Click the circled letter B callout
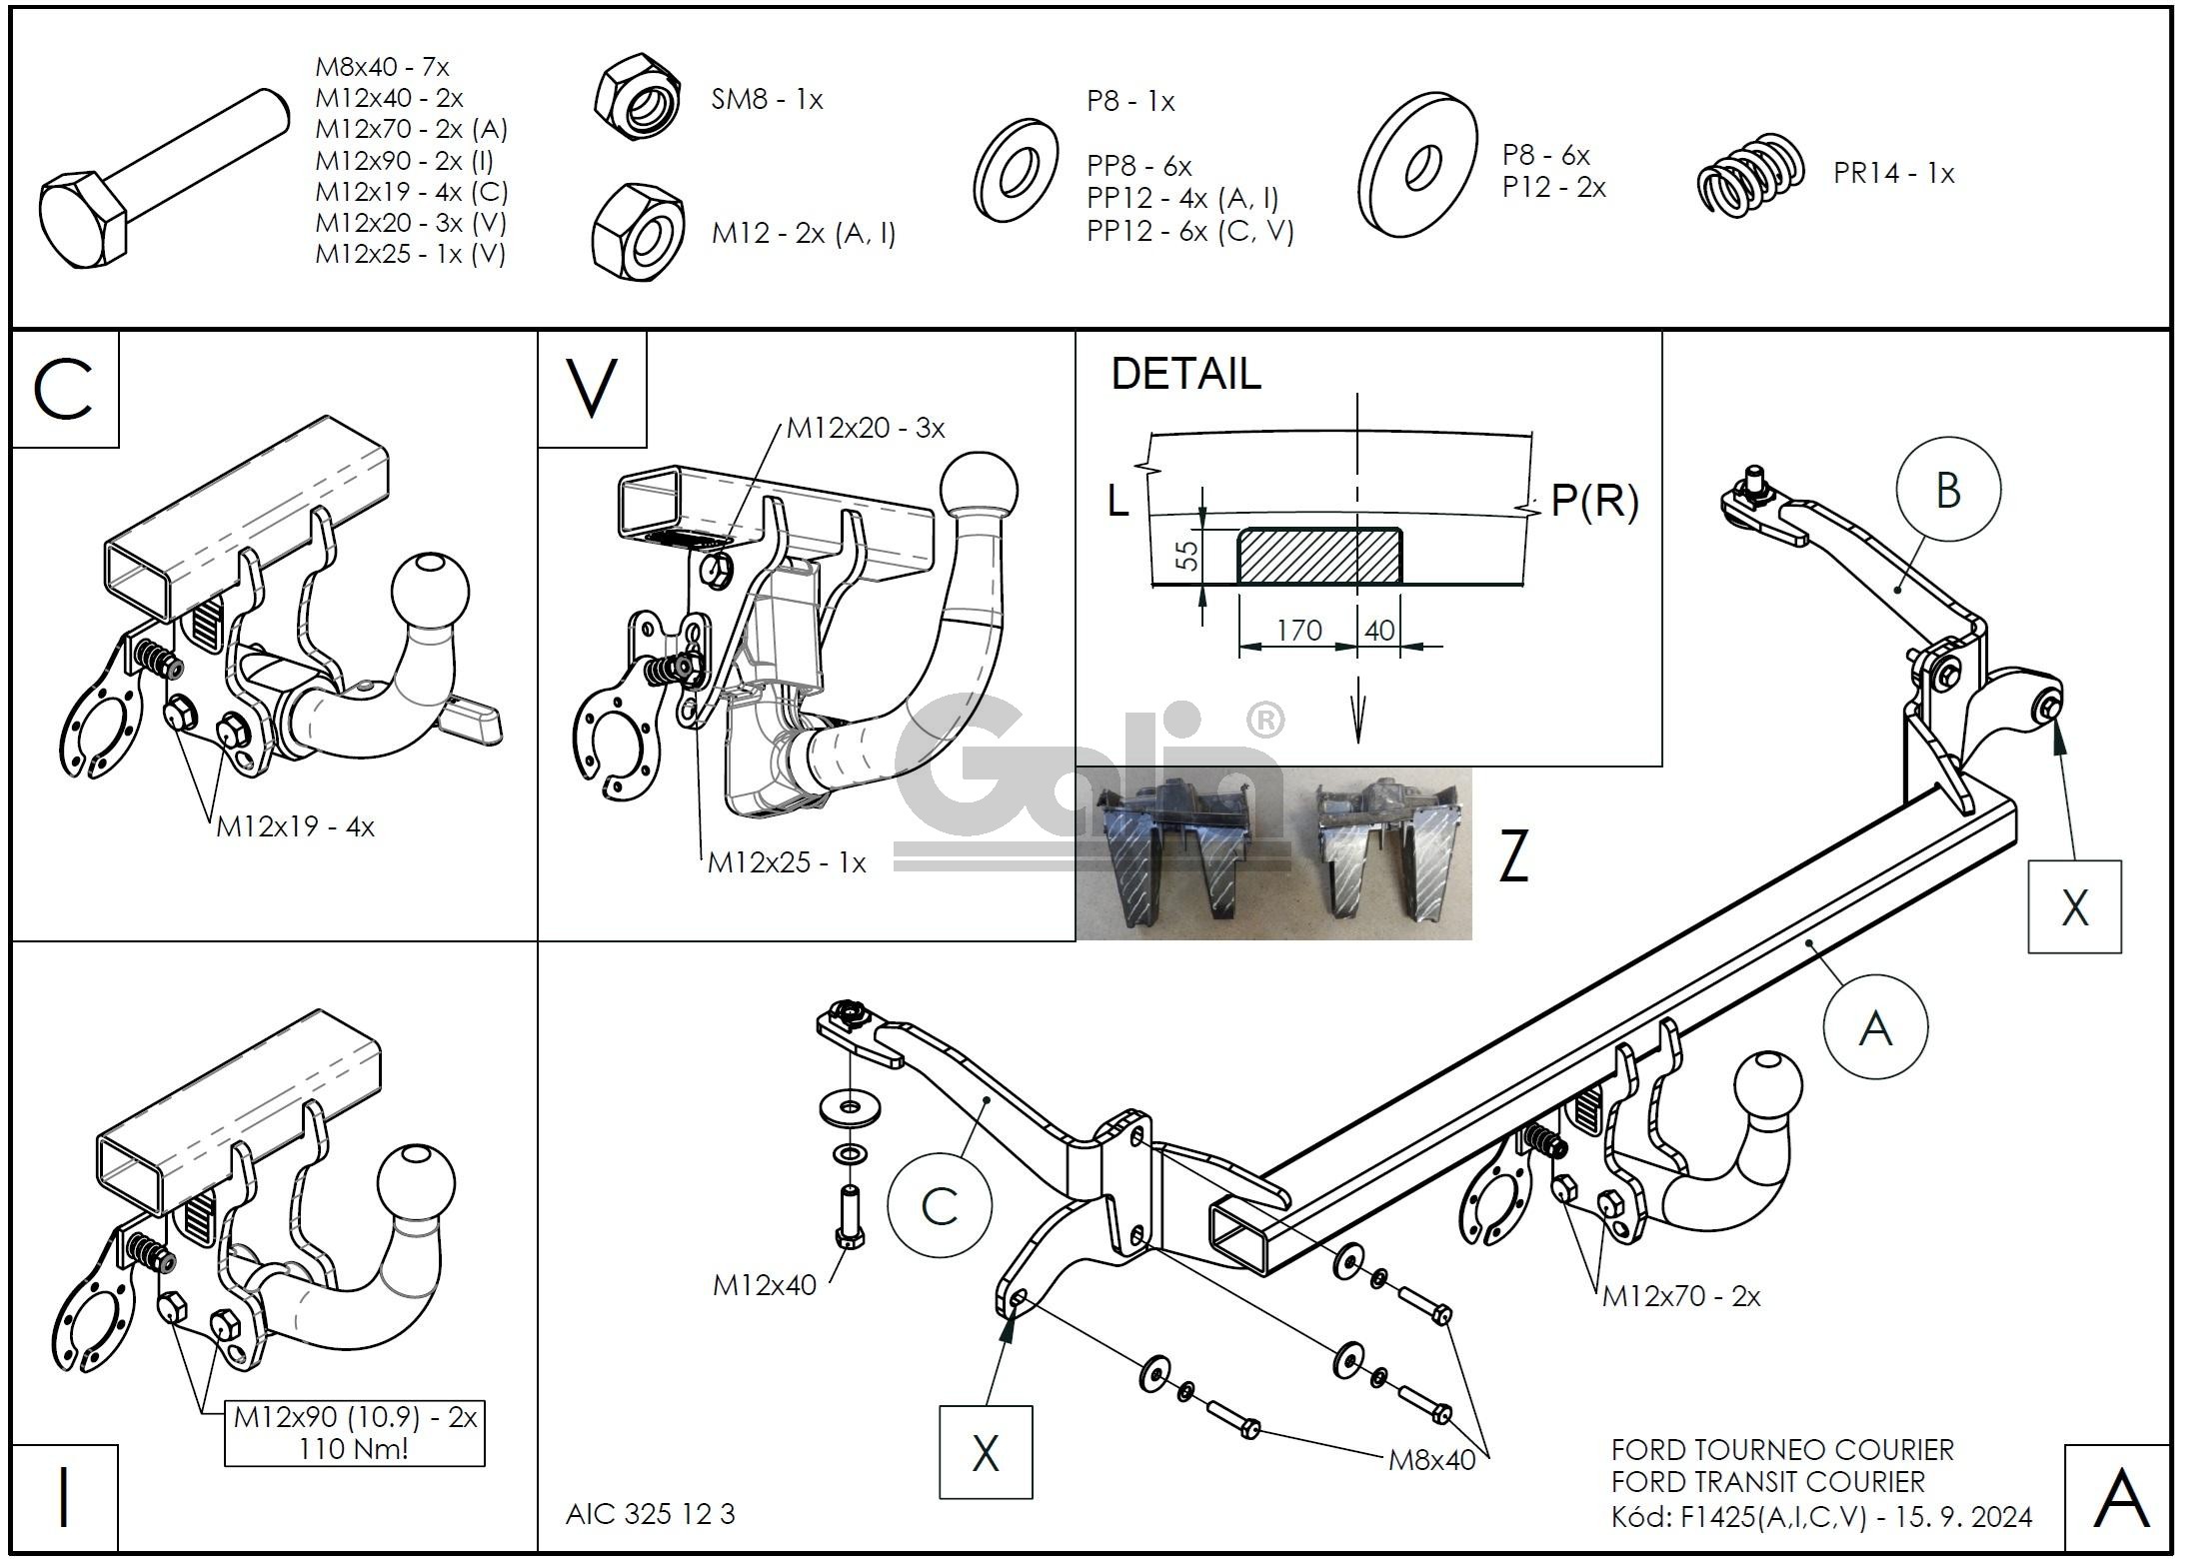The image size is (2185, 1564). [x=1948, y=491]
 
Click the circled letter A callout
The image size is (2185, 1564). [x=1875, y=1027]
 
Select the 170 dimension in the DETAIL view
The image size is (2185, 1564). [x=1298, y=631]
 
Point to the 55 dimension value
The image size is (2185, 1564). [x=1186, y=556]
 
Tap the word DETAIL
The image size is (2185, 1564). [x=1185, y=374]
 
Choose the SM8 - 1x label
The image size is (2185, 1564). [x=767, y=99]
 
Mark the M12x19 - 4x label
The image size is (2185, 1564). [x=295, y=826]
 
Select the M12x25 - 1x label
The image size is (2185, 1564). [x=787, y=862]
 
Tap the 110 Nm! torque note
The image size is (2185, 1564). [x=354, y=1448]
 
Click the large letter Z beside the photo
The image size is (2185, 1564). [x=1514, y=858]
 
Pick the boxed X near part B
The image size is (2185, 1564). [x=2074, y=907]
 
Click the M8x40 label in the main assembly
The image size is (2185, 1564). [x=1431, y=1460]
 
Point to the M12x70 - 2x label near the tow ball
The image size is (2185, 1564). [x=1681, y=1296]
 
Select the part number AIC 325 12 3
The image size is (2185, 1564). [x=650, y=1514]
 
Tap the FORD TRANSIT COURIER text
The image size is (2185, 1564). [x=1767, y=1481]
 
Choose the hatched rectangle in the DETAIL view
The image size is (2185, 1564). [x=1318, y=556]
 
